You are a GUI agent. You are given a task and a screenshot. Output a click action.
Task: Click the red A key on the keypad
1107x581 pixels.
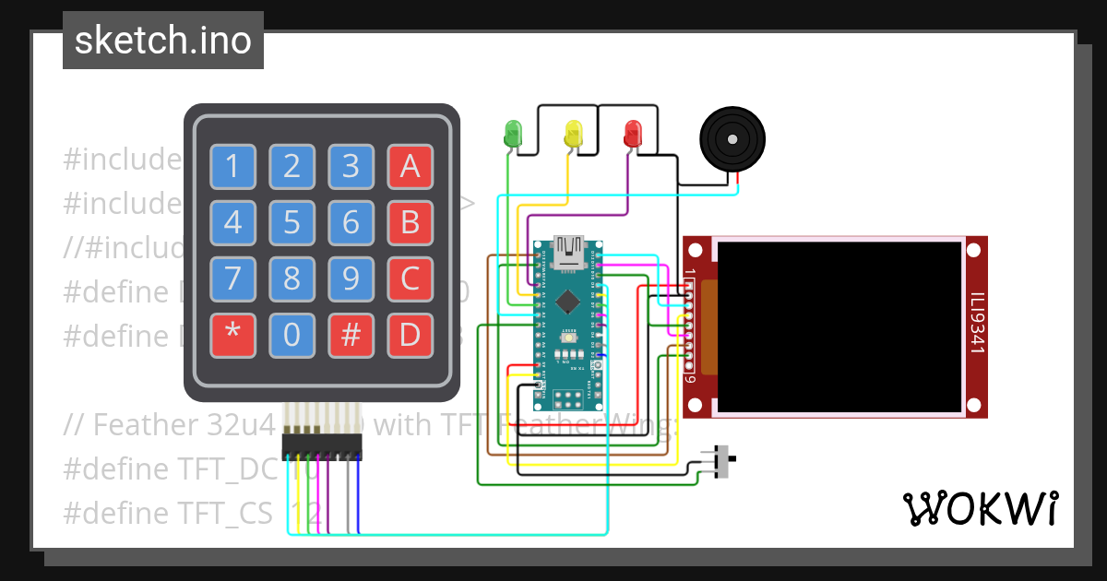click(410, 167)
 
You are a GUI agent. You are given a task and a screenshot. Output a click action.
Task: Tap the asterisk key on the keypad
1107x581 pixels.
click(233, 336)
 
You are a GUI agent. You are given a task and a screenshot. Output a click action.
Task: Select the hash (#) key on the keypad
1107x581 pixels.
click(351, 336)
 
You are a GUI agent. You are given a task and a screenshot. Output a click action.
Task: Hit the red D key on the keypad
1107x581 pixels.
click(410, 336)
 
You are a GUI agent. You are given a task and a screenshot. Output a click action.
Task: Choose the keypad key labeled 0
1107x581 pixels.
click(292, 336)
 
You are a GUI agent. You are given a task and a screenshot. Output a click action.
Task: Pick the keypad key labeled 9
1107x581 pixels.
click(351, 279)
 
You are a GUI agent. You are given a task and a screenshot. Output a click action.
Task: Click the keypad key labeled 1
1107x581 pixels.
click(233, 167)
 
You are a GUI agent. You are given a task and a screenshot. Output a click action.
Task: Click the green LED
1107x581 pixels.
click(513, 133)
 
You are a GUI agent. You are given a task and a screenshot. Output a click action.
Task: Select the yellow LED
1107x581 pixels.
click(573, 133)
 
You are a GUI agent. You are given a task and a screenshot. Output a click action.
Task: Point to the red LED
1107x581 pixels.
click(633, 133)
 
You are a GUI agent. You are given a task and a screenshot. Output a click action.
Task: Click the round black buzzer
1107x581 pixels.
click(732, 139)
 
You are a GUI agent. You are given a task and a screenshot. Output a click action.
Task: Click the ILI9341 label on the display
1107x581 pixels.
click(976, 324)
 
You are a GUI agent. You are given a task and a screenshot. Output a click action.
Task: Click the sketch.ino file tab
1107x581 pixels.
click(163, 41)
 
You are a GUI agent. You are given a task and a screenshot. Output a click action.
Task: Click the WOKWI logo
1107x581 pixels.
click(980, 508)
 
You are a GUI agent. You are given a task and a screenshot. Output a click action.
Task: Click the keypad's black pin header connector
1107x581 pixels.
click(322, 446)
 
